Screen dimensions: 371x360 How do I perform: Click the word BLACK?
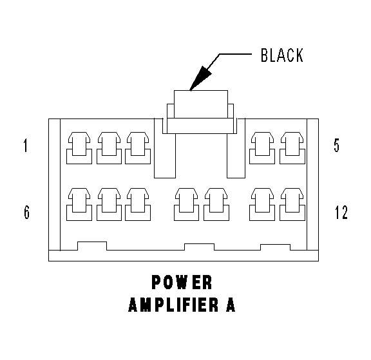[282, 55]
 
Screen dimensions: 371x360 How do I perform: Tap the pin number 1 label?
[26, 146]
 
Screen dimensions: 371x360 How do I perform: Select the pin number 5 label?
[336, 146]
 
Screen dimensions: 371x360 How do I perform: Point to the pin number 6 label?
[27, 212]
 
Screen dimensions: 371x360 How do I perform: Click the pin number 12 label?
[341, 212]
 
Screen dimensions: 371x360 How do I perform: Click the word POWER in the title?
[182, 282]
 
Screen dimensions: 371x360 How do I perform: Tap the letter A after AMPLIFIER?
[231, 305]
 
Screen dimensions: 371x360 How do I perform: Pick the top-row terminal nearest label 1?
[79, 148]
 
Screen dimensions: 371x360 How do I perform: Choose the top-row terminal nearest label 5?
[292, 148]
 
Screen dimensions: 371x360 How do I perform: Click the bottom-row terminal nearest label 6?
[79, 204]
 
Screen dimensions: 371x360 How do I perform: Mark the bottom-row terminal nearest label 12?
[292, 204]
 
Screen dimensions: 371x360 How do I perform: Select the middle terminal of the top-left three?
[109, 148]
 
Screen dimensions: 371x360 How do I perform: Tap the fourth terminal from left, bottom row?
[186, 204]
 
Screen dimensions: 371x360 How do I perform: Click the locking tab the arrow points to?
[201, 104]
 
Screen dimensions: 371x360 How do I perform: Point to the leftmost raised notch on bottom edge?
[92, 246]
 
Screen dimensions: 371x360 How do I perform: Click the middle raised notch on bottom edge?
[199, 247]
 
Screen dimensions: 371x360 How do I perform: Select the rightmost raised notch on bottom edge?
[275, 247]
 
